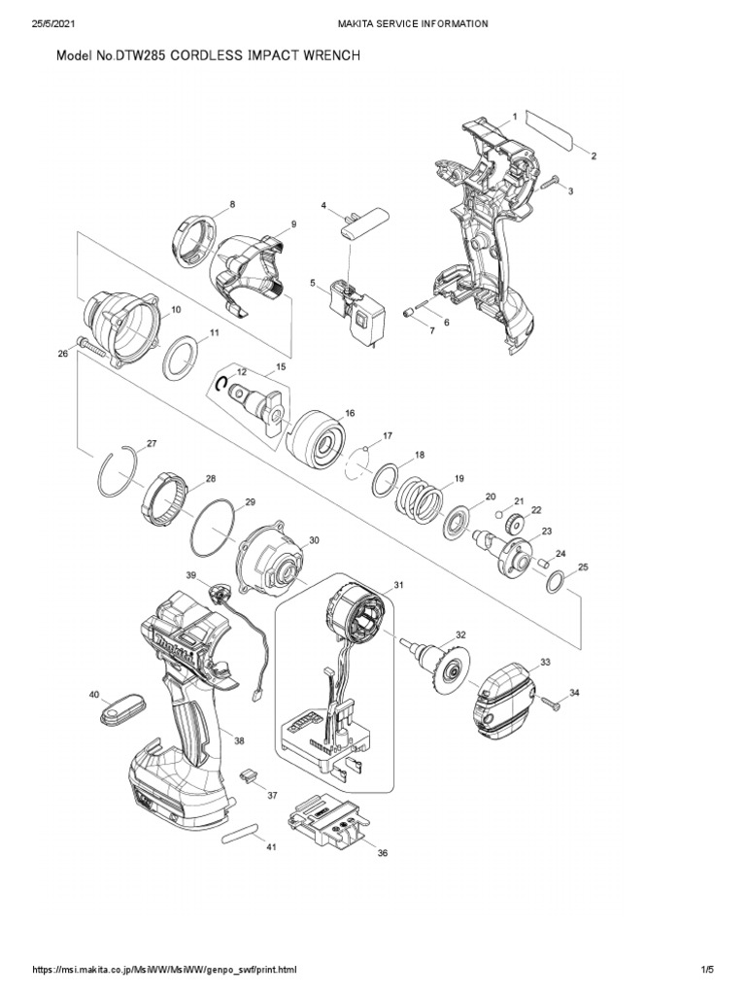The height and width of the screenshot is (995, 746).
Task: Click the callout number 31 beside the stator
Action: pos(397,586)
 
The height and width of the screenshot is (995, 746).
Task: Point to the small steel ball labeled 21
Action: pos(496,512)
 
